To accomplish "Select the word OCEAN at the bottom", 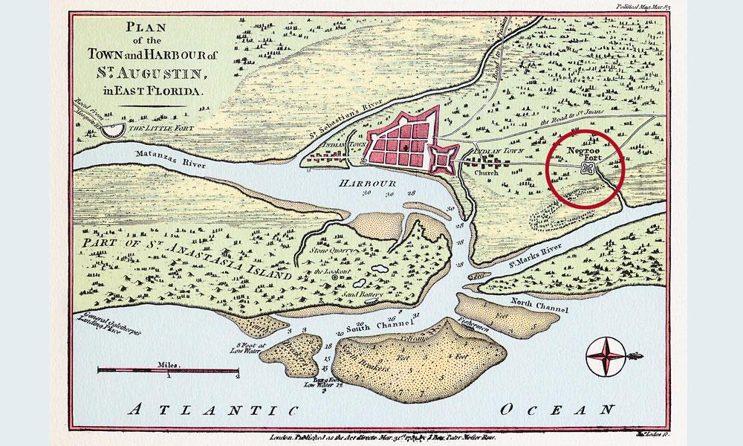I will (557, 409).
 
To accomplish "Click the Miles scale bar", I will (168, 370).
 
